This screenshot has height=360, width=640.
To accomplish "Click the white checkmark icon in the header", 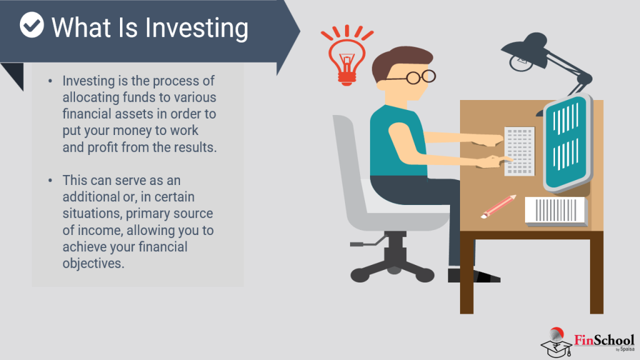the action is click(31, 25).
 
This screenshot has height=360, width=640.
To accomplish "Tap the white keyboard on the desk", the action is click(519, 151).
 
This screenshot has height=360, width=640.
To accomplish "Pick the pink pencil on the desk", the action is click(498, 206).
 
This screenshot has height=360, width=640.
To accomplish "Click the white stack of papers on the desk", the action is click(556, 211).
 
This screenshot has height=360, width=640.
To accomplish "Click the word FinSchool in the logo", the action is click(604, 339).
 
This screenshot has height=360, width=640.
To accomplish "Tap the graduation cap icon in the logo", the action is click(556, 346).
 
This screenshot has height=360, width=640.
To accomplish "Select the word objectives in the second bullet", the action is click(94, 264).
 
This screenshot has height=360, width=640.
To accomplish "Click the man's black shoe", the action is click(474, 276).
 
